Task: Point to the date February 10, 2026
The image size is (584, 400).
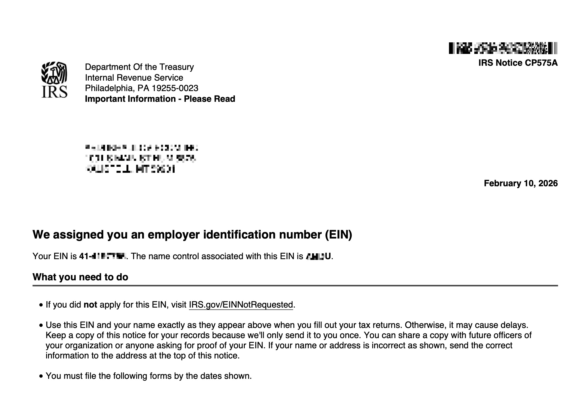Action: point(520,183)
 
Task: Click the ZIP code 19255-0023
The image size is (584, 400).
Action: point(175,88)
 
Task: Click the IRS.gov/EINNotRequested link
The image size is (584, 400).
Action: point(241,305)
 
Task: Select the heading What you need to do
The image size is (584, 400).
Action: point(80,277)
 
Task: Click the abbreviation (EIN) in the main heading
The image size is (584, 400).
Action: point(338,235)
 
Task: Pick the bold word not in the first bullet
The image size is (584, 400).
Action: point(90,305)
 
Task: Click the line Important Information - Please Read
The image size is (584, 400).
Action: point(160,99)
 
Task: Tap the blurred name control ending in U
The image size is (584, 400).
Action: point(318,256)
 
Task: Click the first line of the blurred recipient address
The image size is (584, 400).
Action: point(141,148)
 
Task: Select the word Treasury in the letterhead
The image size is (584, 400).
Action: point(177,67)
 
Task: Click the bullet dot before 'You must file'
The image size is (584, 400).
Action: point(41,376)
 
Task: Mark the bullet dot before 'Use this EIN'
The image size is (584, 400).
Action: point(41,325)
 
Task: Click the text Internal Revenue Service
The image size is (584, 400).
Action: point(134,78)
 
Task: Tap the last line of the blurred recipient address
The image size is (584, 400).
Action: point(130,169)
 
